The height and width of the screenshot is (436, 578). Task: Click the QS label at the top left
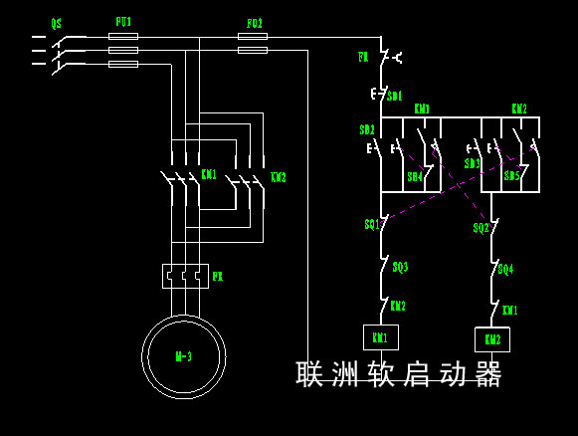[57, 21]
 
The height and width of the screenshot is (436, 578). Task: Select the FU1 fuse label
[123, 21]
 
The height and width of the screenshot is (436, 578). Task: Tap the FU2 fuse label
[255, 22]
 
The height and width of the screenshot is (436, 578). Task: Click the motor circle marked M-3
[183, 356]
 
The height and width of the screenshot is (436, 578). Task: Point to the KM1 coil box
[380, 338]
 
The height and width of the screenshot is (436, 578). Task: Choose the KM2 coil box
[491, 339]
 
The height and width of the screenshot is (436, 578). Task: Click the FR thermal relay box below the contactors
[184, 276]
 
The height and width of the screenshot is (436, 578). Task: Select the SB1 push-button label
[394, 97]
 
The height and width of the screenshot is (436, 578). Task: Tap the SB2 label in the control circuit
[367, 130]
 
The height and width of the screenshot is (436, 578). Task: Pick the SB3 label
[473, 163]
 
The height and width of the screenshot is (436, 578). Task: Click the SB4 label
[415, 176]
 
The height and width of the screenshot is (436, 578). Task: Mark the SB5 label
[511, 176]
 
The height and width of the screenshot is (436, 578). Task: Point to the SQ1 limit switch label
[371, 225]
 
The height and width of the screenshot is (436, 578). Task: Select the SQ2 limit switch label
[481, 228]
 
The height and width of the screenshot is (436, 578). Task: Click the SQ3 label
[400, 267]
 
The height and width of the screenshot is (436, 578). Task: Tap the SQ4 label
[505, 269]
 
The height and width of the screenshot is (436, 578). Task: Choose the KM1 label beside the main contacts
[209, 174]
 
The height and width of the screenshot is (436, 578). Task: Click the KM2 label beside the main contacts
[279, 177]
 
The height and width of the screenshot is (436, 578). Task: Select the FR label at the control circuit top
[364, 58]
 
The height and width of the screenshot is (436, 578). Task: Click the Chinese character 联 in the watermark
[310, 374]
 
